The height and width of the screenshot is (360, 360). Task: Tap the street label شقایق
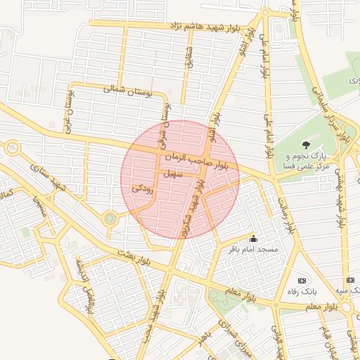[188, 56]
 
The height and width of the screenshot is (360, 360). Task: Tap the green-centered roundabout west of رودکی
[110, 219]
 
